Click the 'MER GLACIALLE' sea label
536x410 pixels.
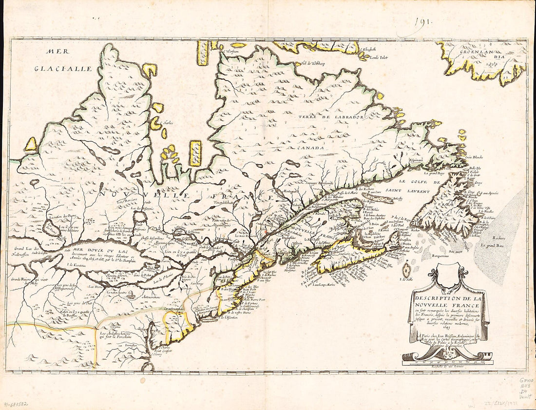[63, 59]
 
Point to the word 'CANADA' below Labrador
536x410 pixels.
[312, 147]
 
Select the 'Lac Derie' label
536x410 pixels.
[96, 288]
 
